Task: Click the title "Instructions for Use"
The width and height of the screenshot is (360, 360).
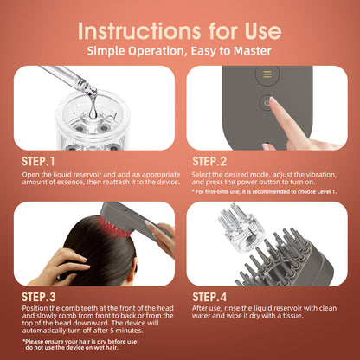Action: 180,31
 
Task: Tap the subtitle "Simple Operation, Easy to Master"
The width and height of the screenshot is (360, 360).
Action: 179,51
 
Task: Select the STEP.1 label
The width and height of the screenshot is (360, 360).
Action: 38,162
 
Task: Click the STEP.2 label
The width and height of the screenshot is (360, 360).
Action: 209,162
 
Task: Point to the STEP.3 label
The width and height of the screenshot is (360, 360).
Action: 39,297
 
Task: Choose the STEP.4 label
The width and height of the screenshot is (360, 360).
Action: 209,297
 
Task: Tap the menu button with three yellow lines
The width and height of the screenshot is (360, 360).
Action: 267,74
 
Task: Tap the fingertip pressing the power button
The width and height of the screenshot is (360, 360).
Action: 273,101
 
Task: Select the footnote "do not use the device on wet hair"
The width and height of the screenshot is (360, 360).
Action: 72,348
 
